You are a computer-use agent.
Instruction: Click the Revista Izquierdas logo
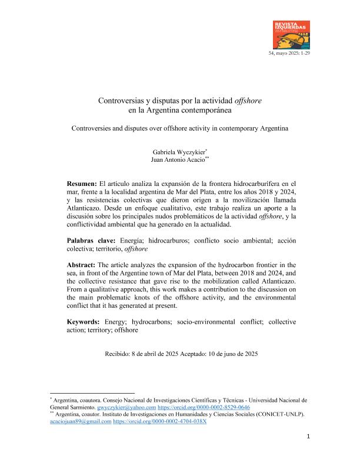tap(293, 35)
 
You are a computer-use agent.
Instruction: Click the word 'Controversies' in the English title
tap(91, 127)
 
